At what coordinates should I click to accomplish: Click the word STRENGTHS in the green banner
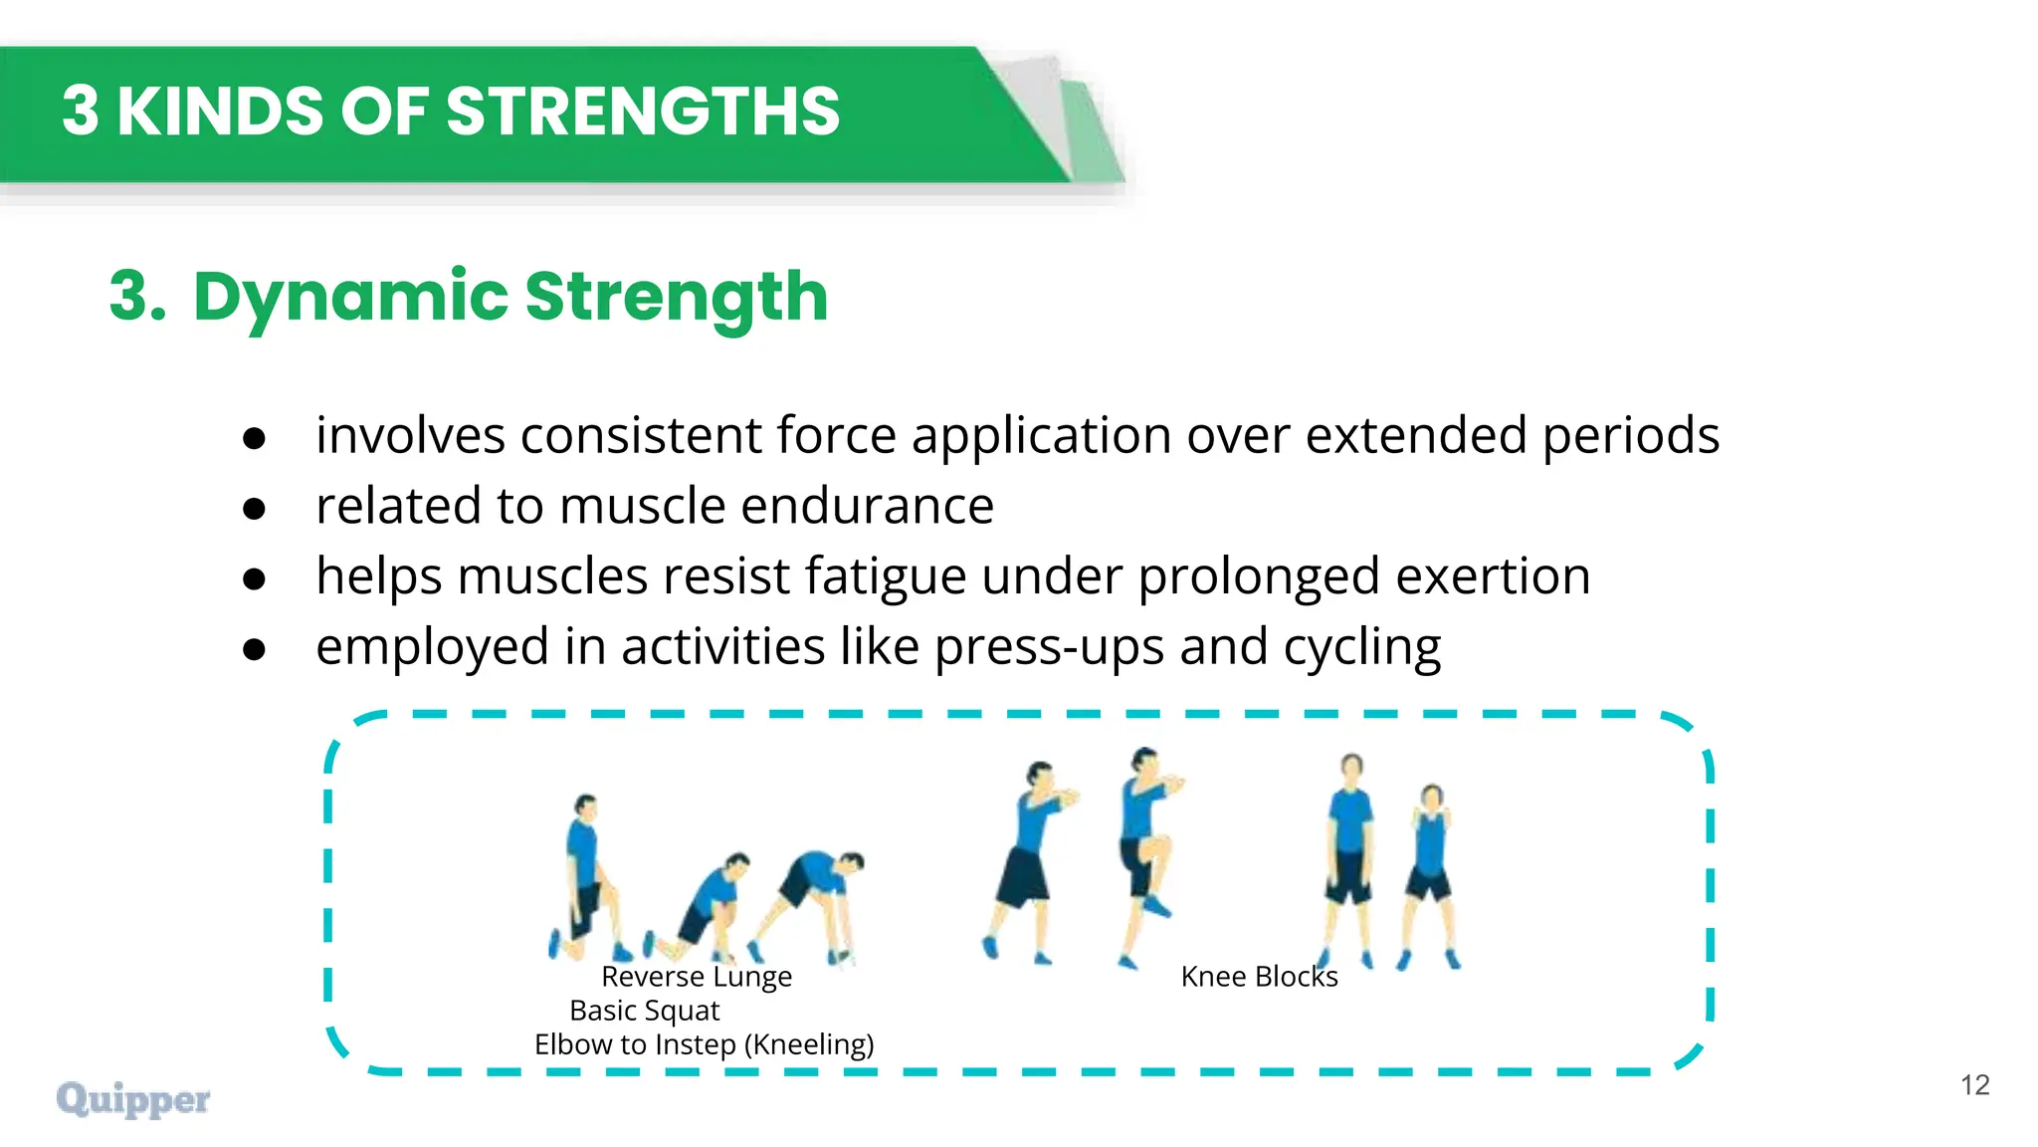[x=643, y=111]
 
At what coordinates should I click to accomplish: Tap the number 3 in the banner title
[x=81, y=111]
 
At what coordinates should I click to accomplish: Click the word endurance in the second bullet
[x=867, y=506]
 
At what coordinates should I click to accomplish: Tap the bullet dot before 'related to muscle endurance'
[x=255, y=509]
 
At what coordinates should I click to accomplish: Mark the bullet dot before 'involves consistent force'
[x=255, y=438]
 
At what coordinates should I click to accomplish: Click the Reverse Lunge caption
[x=697, y=977]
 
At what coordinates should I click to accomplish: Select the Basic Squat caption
[x=644, y=1011]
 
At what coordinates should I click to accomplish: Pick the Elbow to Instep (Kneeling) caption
[x=704, y=1044]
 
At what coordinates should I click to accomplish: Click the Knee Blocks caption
[x=1259, y=977]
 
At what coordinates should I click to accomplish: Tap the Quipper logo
[x=133, y=1099]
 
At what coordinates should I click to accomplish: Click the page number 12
[x=1974, y=1084]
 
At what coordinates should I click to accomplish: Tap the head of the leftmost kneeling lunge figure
[x=586, y=804]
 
